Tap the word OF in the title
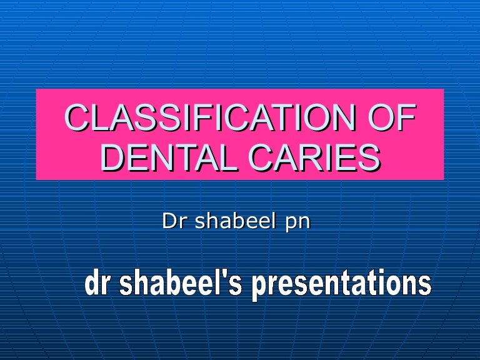(x=392, y=119)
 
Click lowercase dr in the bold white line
(x=97, y=284)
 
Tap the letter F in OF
(x=406, y=119)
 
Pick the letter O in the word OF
(x=379, y=119)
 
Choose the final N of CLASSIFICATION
(x=342, y=119)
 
